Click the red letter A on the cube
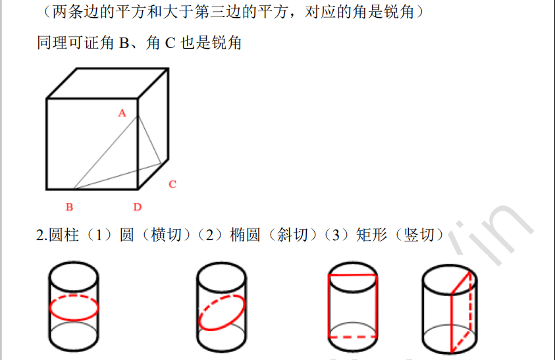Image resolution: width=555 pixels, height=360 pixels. point(122,113)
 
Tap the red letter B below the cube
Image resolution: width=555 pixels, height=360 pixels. point(69,207)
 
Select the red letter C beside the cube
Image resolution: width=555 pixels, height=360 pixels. point(172,184)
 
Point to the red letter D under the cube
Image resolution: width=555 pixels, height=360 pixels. point(138,207)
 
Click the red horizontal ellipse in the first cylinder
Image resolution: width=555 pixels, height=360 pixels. point(74,320)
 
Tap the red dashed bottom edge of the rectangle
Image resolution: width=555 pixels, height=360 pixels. point(353,337)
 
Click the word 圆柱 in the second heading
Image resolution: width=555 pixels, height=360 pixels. point(64,235)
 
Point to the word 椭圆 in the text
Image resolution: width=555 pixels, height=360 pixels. point(245,235)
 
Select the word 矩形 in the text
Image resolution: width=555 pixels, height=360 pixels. point(372,235)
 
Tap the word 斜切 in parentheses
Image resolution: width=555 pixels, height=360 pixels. point(292,235)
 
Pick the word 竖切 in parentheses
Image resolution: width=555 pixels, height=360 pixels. point(419,235)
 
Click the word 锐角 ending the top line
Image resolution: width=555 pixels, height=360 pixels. point(399,12)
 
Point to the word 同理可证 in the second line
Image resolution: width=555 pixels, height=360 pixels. point(68,43)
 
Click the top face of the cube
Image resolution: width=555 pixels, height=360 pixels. point(108,83)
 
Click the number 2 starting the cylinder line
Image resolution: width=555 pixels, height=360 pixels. point(40,236)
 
